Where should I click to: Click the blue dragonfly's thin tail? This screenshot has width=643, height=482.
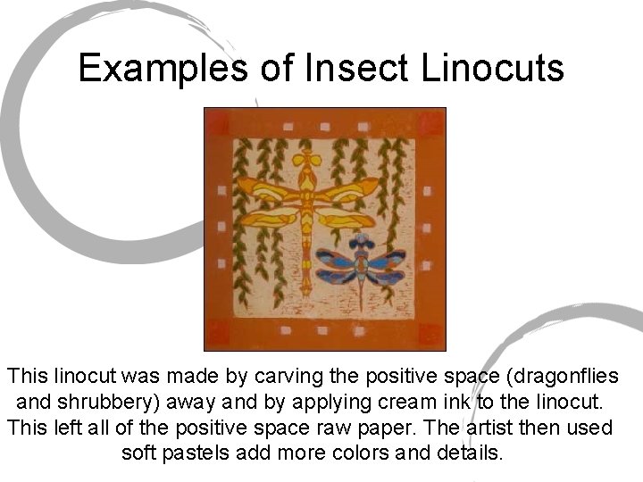[x=361, y=290]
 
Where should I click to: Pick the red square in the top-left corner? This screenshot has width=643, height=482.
[x=218, y=122]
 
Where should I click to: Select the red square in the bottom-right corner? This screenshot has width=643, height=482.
[x=431, y=336]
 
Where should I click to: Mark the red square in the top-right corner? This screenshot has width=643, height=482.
[x=432, y=122]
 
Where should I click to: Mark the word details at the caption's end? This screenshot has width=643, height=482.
[x=469, y=452]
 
